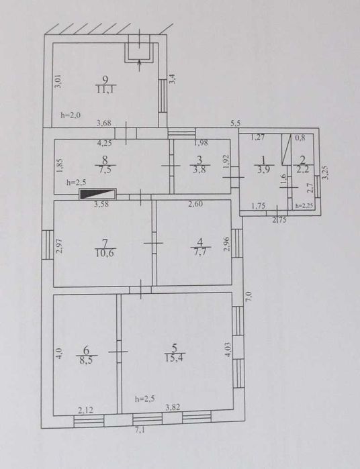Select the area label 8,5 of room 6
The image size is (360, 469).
[87, 359]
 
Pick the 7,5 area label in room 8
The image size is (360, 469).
[105, 170]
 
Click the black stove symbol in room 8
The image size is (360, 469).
[97, 195]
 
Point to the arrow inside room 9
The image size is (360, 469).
[140, 65]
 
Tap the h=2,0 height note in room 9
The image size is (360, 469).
[70, 115]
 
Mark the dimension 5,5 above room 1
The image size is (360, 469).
[235, 123]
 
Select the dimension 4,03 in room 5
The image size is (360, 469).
[228, 350]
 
